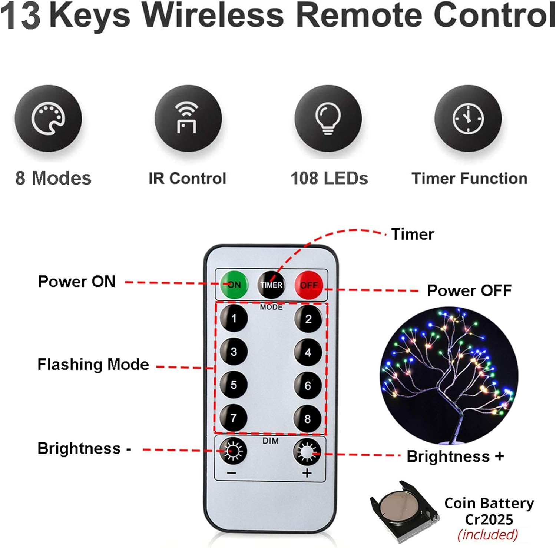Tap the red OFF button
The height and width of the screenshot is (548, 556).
tap(309, 285)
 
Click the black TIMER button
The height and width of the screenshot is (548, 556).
tap(271, 285)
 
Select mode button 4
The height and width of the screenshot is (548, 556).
tap(308, 352)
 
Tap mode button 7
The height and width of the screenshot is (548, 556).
tap(234, 418)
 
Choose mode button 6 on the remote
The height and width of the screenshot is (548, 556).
tap(308, 386)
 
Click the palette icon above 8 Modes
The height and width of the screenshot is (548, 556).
tap(48, 119)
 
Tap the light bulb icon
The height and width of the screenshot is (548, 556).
tap(328, 119)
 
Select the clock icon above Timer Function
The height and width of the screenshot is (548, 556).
tap(468, 119)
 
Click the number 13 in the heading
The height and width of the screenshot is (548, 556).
tap(20, 16)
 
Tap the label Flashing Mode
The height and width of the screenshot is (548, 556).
tap(93, 365)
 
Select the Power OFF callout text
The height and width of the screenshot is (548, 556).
tap(469, 290)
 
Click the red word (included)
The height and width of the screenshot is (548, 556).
tap(487, 535)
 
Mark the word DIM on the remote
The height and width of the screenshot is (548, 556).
tap(270, 441)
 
